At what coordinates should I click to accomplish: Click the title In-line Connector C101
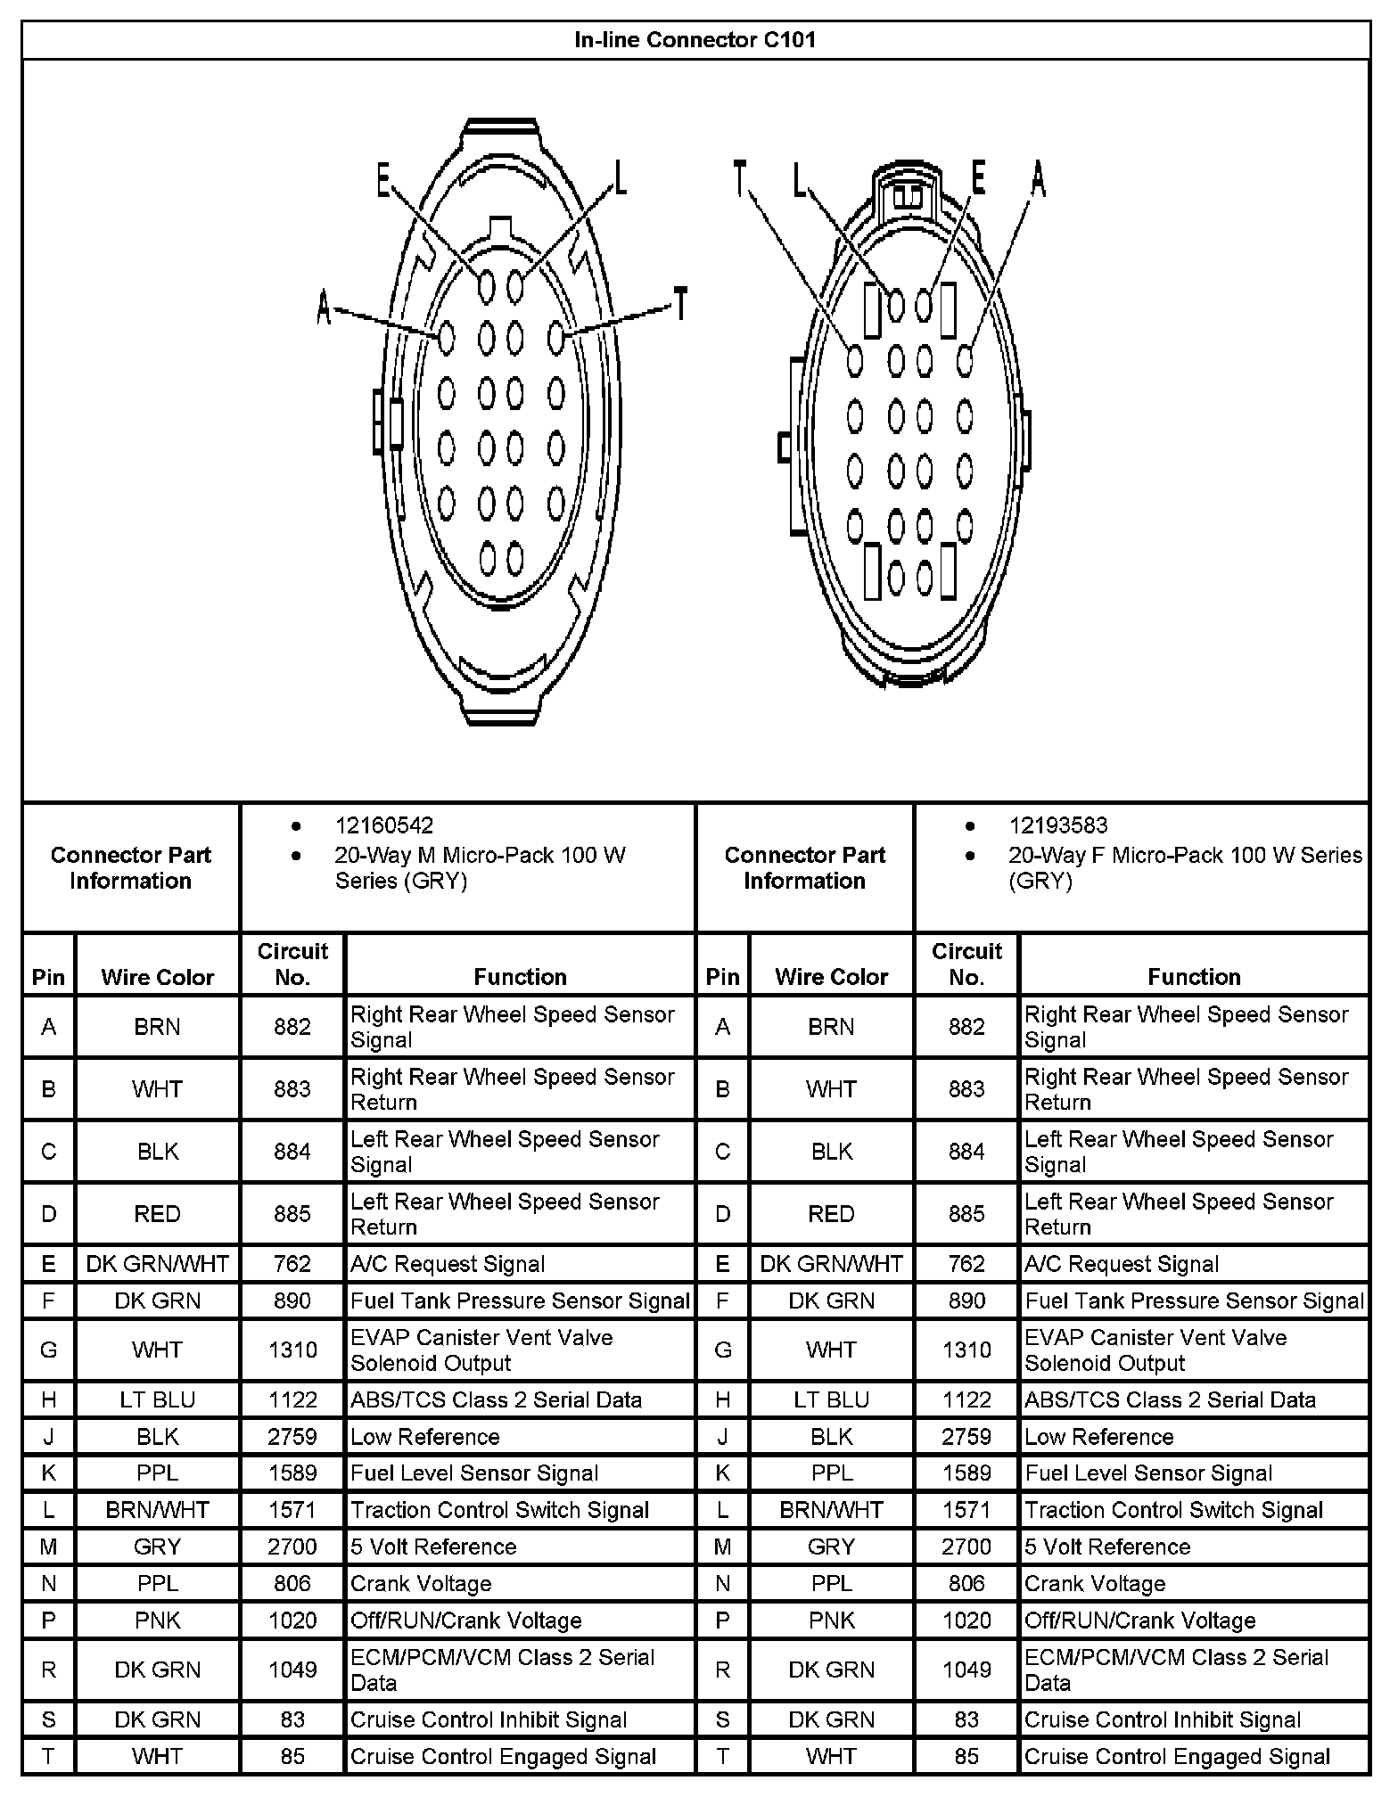pos(695,40)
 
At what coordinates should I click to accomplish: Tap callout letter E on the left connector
pos(383,182)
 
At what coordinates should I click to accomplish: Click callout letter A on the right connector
pos(1038,179)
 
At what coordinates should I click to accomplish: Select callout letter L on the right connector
pos(799,179)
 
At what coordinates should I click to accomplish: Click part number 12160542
pos(383,825)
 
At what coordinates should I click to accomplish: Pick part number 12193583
pos(1057,825)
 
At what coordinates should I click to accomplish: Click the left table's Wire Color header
pos(158,977)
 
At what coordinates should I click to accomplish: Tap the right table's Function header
pos(1194,977)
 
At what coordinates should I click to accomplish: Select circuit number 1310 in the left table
pos(292,1350)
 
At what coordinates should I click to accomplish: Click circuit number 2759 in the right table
pos(966,1436)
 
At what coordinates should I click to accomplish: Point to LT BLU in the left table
pos(158,1399)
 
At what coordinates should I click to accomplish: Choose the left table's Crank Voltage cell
pos(421,1583)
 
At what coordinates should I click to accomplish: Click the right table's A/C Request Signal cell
pos(1121,1264)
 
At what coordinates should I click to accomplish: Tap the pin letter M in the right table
pos(722,1547)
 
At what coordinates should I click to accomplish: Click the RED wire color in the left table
pos(158,1214)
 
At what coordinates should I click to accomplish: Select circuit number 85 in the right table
pos(966,1756)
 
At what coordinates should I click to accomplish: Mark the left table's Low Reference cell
pos(424,1436)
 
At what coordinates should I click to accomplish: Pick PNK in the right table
pos(831,1620)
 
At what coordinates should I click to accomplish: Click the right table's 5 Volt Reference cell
pos(1107,1547)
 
